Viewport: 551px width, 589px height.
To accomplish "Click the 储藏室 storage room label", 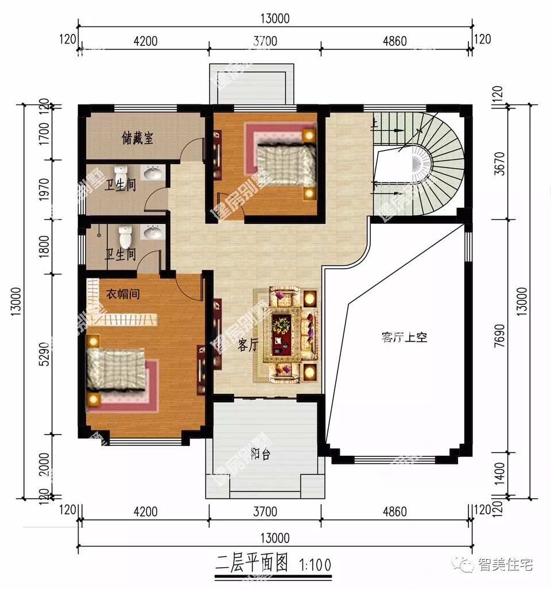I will click(x=137, y=138).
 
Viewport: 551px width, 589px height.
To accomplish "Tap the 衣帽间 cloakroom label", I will click(x=123, y=294).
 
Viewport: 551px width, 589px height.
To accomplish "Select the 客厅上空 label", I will click(x=404, y=338).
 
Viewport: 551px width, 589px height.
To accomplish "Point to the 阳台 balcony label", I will click(x=261, y=455).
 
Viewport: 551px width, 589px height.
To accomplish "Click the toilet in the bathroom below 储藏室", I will click(x=121, y=173).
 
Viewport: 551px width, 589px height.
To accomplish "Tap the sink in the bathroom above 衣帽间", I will click(x=152, y=232).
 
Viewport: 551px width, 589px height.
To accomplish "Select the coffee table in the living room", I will click(x=282, y=334).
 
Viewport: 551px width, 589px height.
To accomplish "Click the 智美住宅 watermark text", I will click(x=505, y=565).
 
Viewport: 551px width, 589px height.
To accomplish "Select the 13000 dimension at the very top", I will click(x=274, y=18).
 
